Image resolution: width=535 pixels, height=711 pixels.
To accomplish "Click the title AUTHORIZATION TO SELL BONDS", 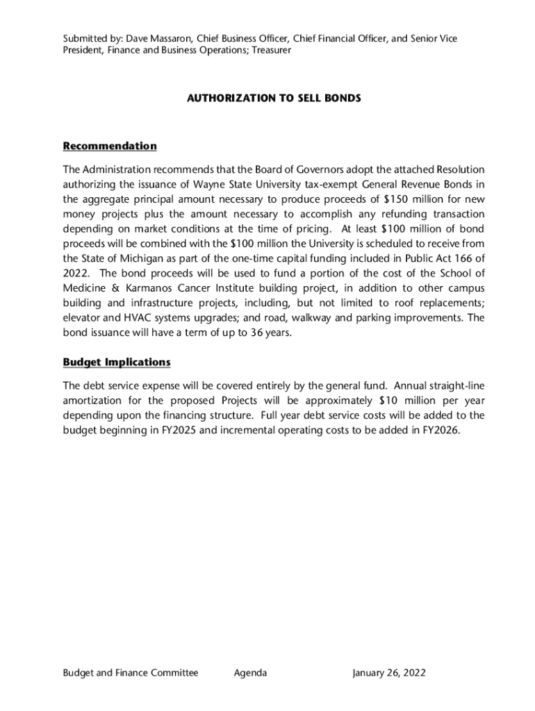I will [x=274, y=99].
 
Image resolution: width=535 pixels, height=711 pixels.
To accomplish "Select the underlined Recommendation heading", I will [x=110, y=146].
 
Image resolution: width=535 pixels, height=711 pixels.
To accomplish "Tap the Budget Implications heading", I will [x=116, y=362].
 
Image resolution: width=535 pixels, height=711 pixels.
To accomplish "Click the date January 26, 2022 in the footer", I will [x=389, y=673].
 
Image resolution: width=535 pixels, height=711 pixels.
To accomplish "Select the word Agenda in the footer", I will [x=251, y=673].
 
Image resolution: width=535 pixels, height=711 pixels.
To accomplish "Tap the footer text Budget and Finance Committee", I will [x=131, y=673].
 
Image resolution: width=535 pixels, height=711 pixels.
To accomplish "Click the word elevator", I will [x=82, y=317].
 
